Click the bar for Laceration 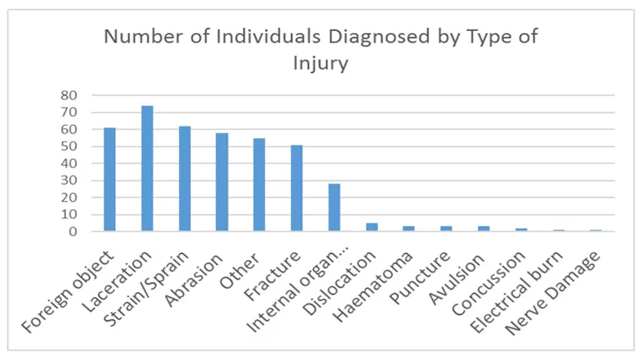click(x=148, y=169)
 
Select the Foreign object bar click(x=109, y=180)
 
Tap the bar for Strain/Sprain click(x=184, y=179)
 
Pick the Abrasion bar click(x=222, y=182)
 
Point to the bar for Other click(x=259, y=185)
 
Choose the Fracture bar click(x=297, y=188)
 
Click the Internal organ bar click(x=334, y=207)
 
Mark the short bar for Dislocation click(x=372, y=228)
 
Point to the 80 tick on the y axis click(x=69, y=95)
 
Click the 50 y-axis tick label click(x=69, y=147)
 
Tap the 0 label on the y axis click(x=73, y=232)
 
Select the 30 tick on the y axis click(x=69, y=180)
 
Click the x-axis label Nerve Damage click(x=553, y=293)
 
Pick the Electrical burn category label click(x=517, y=292)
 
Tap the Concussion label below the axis click(x=489, y=283)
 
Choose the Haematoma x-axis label click(x=373, y=286)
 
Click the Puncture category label click(x=420, y=277)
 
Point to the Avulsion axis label click(x=457, y=278)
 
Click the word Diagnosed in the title click(x=379, y=37)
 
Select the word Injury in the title click(x=321, y=64)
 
